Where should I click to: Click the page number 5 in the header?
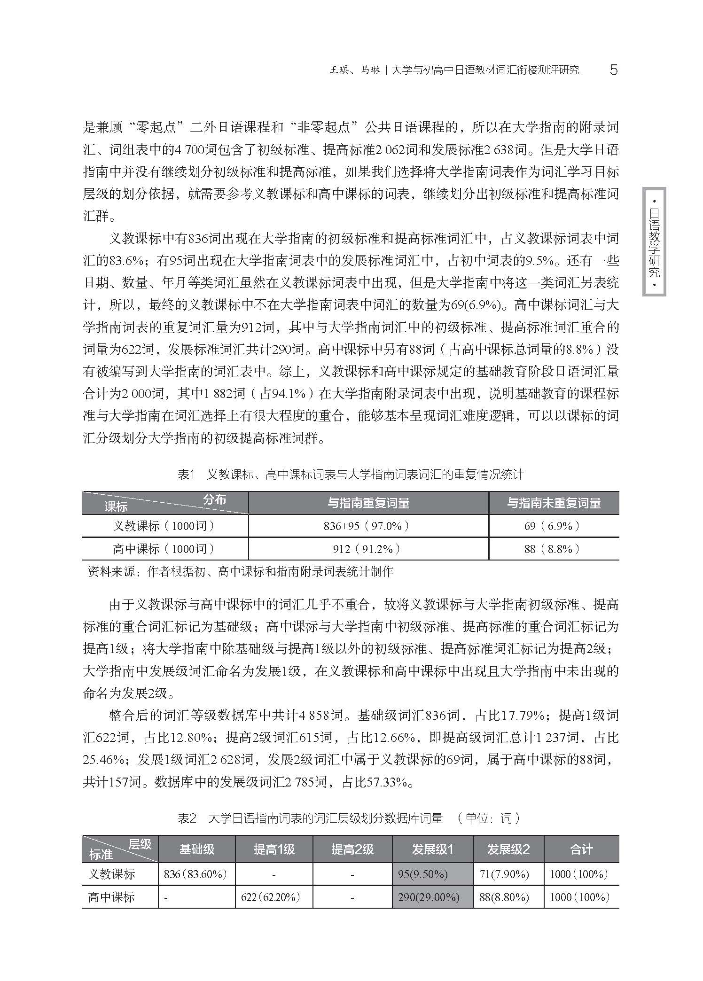(x=613, y=70)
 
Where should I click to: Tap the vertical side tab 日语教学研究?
(x=654, y=242)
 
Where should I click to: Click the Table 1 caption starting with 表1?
(x=351, y=475)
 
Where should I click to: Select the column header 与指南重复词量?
(x=368, y=503)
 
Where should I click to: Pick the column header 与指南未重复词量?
(x=554, y=503)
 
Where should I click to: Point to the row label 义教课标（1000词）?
(x=164, y=526)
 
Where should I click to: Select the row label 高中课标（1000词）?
(x=164, y=549)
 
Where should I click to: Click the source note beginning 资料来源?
(x=240, y=571)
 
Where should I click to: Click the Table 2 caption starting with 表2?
(x=350, y=818)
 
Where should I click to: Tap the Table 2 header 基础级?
(x=197, y=849)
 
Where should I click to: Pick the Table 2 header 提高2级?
(x=352, y=849)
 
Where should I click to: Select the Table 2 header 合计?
(x=581, y=849)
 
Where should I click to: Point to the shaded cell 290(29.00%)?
(x=428, y=897)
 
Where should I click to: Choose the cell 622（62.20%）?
(x=271, y=897)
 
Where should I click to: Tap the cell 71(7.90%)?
(x=504, y=874)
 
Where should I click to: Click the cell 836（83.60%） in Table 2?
(x=195, y=874)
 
